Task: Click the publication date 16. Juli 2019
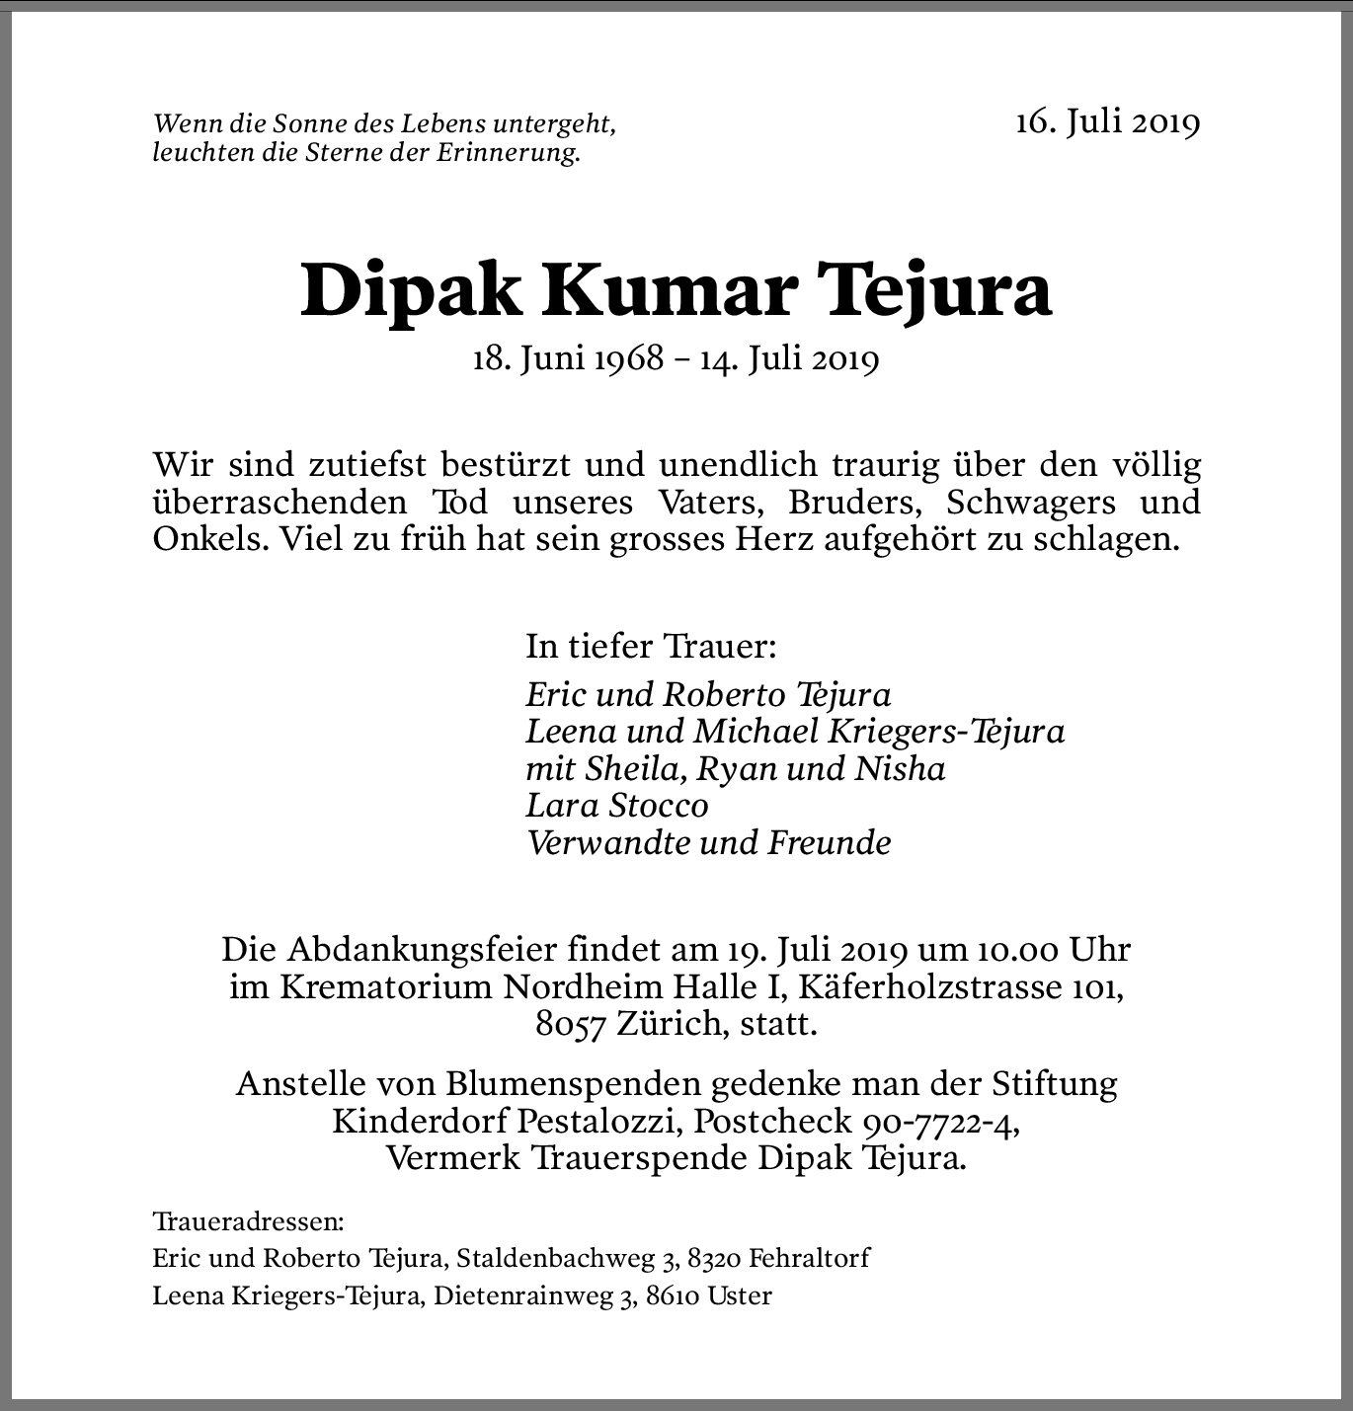[1107, 121]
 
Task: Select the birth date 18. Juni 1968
[568, 358]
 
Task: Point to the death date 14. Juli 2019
[789, 358]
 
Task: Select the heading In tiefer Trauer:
[651, 647]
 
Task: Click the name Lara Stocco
[617, 806]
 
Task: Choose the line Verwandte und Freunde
[708, 843]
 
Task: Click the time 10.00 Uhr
[1054, 950]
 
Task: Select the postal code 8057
[570, 1025]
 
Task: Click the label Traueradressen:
[248, 1222]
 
